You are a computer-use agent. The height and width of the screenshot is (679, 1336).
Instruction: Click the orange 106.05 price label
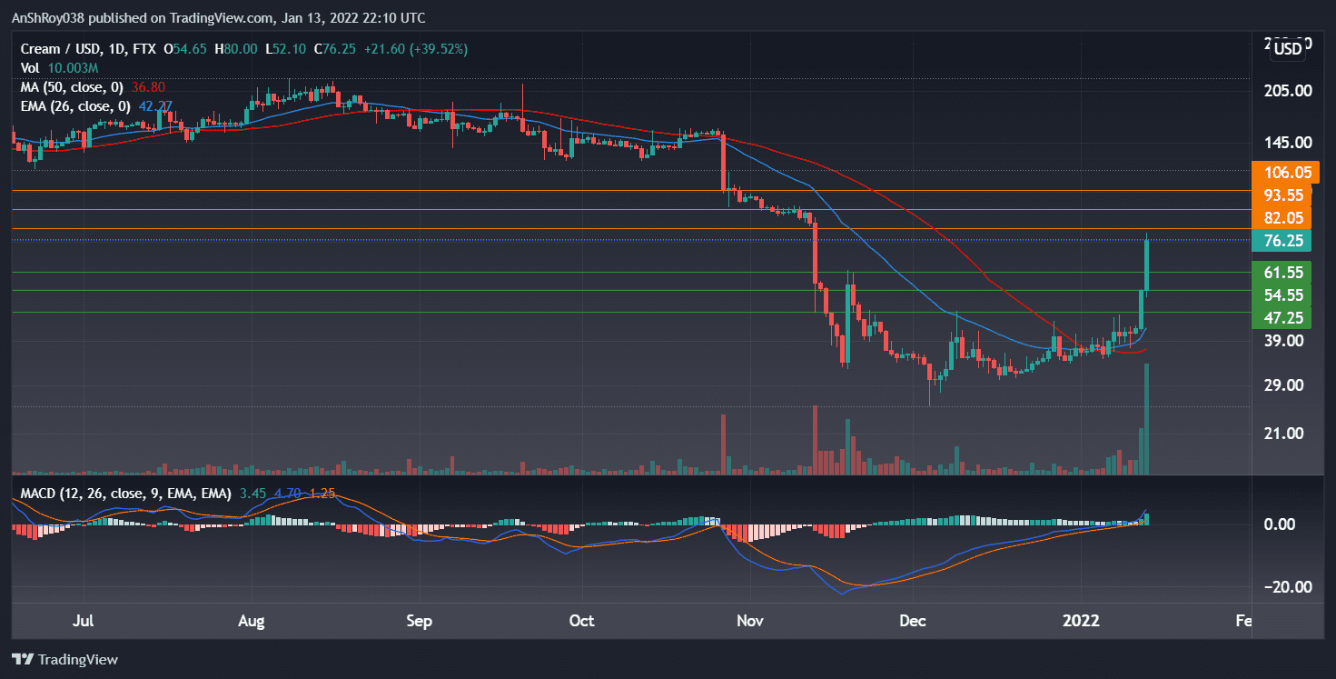(x=1281, y=173)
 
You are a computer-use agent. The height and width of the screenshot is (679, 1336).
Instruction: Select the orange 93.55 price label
(x=1281, y=195)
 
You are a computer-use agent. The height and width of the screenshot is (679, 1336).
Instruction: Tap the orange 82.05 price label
(x=1281, y=218)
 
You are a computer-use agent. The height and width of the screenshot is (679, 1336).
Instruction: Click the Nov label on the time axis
(x=750, y=622)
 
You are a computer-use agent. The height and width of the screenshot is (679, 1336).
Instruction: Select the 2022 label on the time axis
(x=1083, y=622)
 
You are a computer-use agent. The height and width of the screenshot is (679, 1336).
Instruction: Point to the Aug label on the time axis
(x=251, y=622)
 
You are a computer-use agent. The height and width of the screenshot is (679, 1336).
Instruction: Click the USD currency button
(x=1288, y=49)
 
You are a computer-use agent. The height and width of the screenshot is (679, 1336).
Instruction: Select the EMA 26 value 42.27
(x=155, y=106)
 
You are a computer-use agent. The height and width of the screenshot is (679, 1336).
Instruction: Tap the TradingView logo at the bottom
(x=65, y=659)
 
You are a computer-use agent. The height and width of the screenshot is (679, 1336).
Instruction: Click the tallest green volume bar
(x=1147, y=418)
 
